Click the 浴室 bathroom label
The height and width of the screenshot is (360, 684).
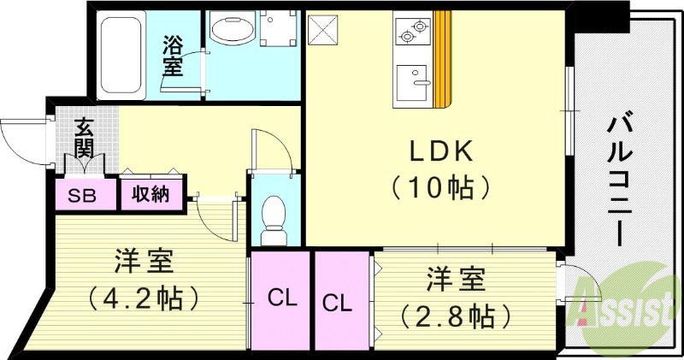[174, 56]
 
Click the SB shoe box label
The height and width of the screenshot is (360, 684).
[83, 194]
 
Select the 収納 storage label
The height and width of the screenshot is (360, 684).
[150, 194]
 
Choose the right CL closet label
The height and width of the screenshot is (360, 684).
[337, 302]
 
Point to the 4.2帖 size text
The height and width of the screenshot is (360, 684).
[144, 299]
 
